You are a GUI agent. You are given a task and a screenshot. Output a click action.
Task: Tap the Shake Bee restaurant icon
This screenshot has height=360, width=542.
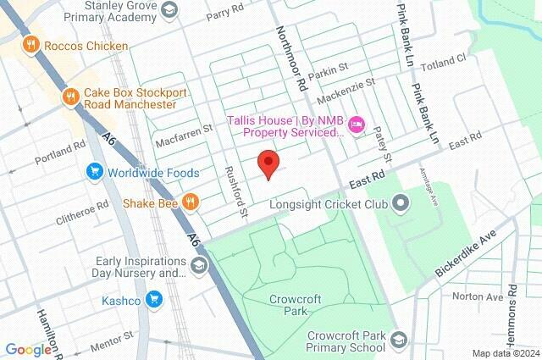(192, 202)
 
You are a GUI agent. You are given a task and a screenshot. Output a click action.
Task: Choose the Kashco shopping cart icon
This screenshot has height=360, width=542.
(153, 299)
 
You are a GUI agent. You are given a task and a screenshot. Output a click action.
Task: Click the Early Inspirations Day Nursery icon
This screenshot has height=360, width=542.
(198, 268)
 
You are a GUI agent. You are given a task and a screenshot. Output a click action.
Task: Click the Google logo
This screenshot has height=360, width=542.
(27, 350)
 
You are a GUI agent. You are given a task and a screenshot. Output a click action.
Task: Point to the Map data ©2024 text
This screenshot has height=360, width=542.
(505, 353)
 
